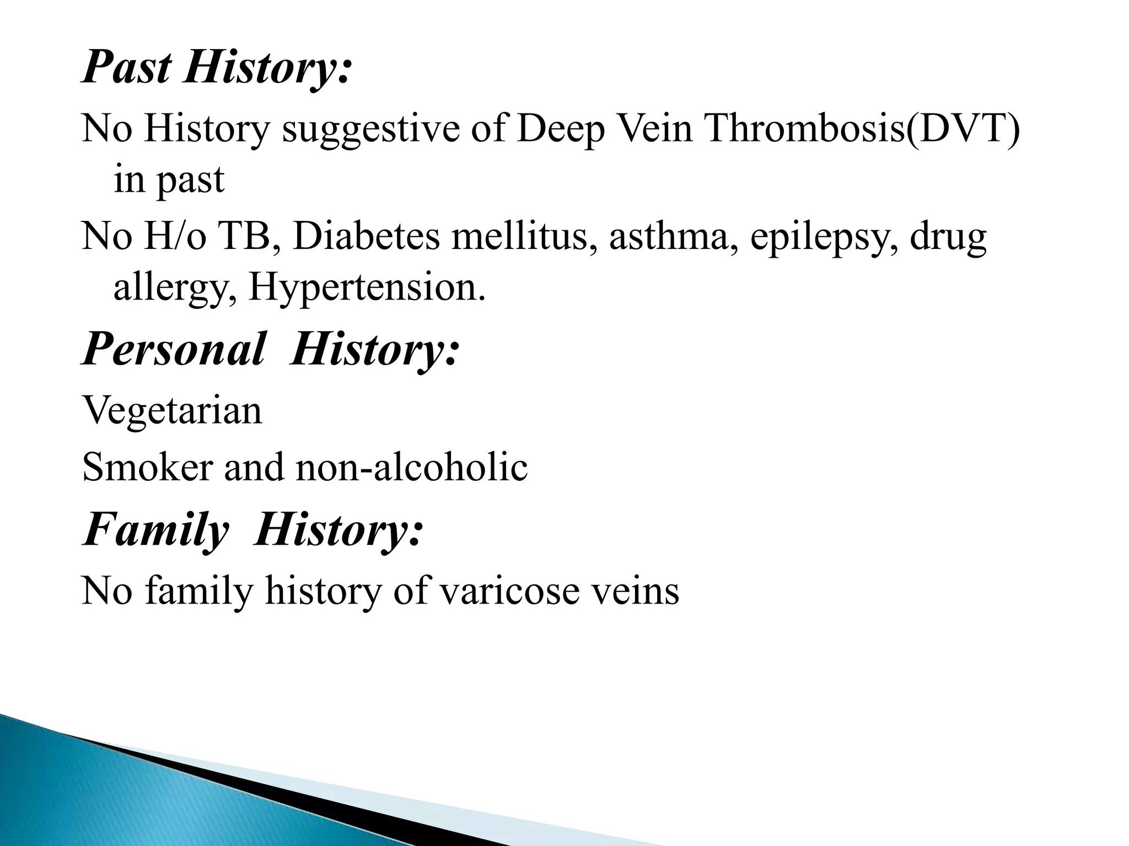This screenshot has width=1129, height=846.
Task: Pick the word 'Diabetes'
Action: [x=366, y=236]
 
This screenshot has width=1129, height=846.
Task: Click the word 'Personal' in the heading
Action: [x=174, y=350]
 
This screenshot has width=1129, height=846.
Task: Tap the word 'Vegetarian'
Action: [x=172, y=411]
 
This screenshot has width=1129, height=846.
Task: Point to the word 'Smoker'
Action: [x=147, y=467]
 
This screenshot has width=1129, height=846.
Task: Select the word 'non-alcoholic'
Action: [x=411, y=467]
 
